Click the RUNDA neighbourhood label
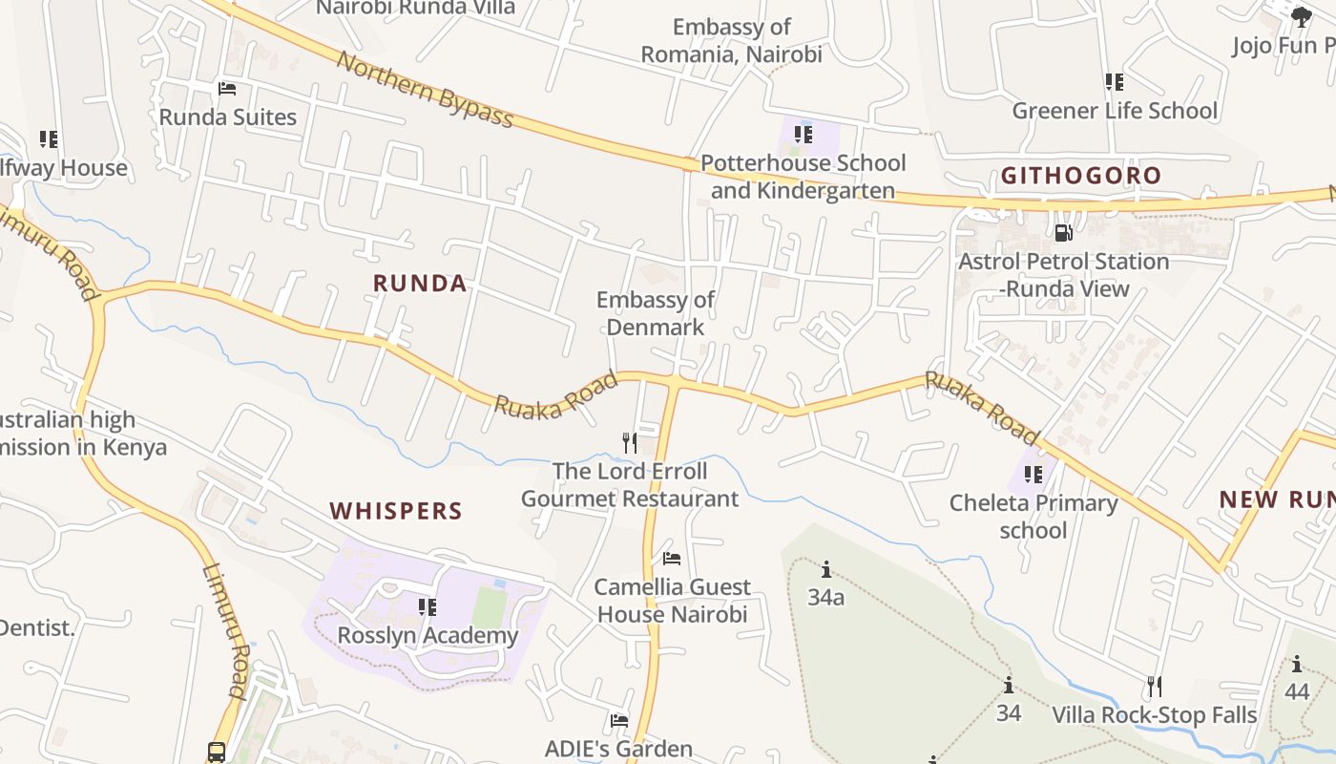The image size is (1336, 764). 420,284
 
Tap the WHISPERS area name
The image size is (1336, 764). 396,511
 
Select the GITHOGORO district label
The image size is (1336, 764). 1081,176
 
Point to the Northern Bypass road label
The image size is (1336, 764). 426,90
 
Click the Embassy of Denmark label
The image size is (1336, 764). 655,313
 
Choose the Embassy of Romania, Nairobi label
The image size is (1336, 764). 731,40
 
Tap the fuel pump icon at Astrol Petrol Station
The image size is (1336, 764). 1064,232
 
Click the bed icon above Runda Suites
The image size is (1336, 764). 227,89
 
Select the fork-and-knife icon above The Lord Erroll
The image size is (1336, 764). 630,442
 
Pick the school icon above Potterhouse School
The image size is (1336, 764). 804,135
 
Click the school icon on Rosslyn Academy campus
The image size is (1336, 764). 428,606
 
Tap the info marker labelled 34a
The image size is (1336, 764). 826,570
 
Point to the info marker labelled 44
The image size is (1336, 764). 1297,665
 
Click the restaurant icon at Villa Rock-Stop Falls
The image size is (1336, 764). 1155,686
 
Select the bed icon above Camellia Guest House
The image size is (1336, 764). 672,559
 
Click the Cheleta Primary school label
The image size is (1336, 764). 1033,516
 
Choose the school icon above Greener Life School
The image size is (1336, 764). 1115,82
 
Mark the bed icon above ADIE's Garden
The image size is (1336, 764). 619,720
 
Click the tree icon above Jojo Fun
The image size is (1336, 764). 1301,15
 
